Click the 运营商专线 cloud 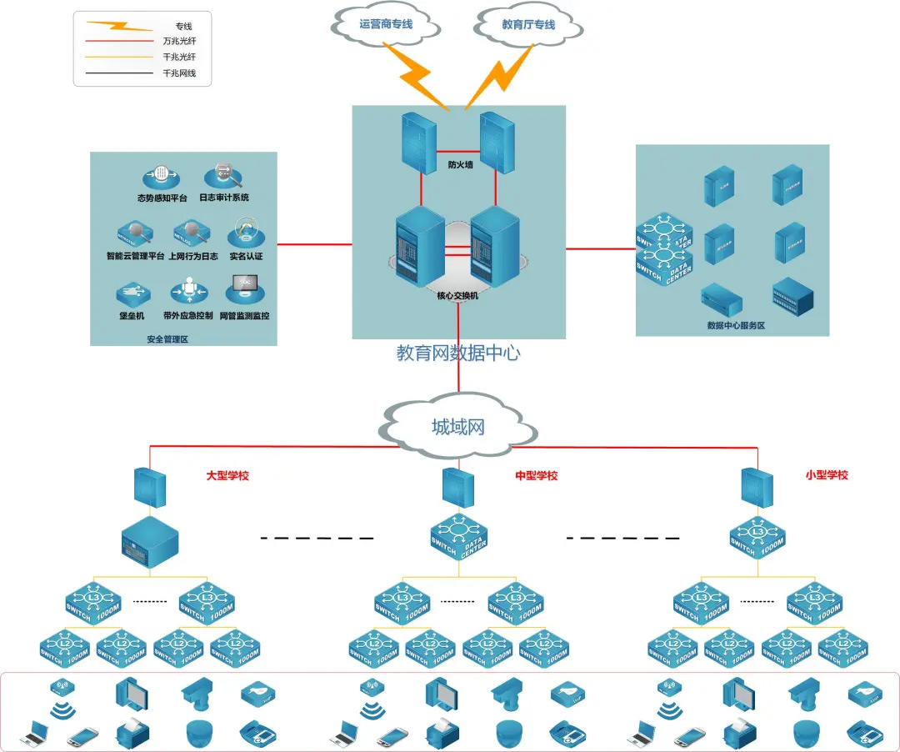point(386,25)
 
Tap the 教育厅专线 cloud point(528,25)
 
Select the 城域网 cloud point(457,428)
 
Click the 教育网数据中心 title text point(458,353)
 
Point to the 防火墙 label point(460,165)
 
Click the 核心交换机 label point(458,295)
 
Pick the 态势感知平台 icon point(162,177)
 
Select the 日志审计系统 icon point(223,175)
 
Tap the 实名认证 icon point(246,233)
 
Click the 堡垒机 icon point(132,293)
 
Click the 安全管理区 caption point(167,339)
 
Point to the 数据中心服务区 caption point(736,326)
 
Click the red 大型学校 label point(227,476)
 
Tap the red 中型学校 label point(537,476)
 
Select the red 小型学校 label point(827,475)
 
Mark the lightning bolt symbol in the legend point(119,26)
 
